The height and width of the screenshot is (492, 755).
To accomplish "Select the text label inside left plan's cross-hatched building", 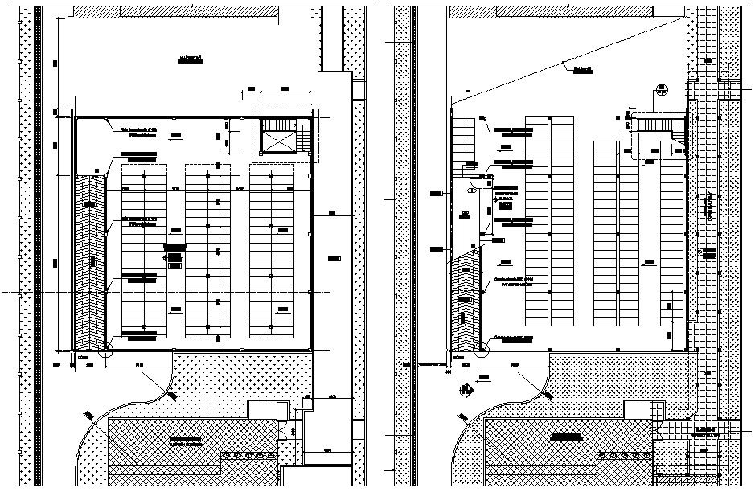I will click(x=191, y=439).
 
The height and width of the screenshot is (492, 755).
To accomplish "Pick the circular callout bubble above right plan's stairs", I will click(x=662, y=89).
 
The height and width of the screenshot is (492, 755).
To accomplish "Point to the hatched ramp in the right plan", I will click(x=466, y=301).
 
